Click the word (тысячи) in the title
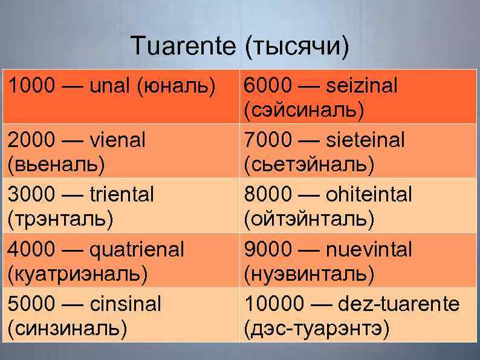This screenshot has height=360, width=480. coord(297,47)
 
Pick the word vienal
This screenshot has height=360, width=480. coord(118,141)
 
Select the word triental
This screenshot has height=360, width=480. coord(122,195)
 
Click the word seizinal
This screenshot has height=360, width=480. coord(362,87)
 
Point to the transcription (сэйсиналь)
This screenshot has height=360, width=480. coord(304,110)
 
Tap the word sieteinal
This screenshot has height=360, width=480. coord(365,141)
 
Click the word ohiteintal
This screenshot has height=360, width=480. coord(369,195)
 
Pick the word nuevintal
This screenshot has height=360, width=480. coord(369,249)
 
